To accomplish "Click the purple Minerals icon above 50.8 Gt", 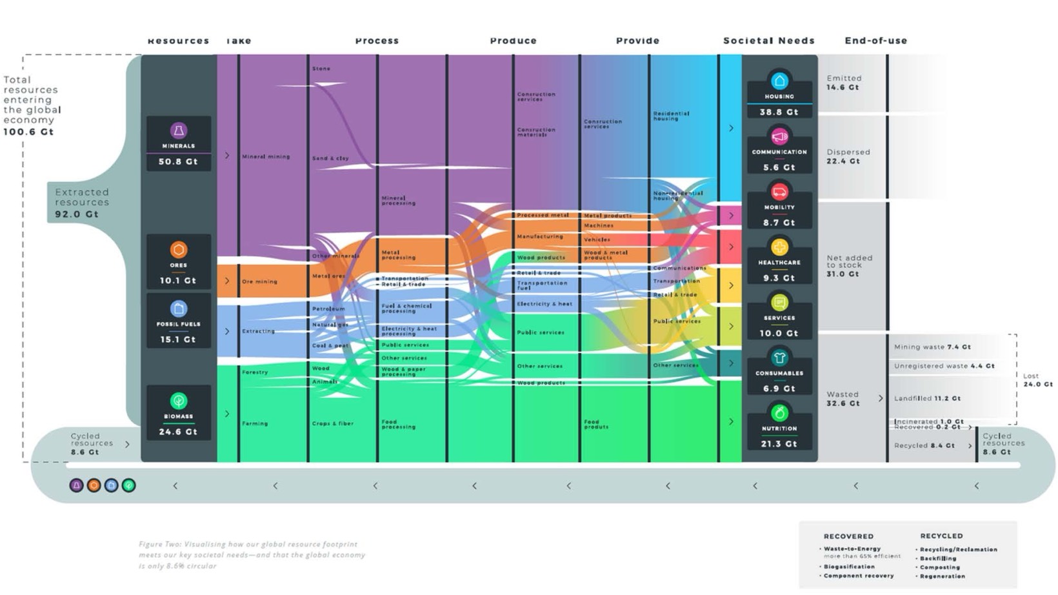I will (179, 130).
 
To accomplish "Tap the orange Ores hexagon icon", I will (179, 249).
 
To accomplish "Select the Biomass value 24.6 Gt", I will (178, 432).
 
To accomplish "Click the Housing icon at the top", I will (779, 81).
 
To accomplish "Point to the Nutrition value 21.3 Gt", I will (779, 444).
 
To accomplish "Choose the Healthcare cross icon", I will (779, 247).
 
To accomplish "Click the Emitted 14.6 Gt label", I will (844, 83).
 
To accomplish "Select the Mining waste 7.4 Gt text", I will (932, 347).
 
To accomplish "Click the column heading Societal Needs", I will (768, 41).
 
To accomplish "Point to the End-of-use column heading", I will (875, 41).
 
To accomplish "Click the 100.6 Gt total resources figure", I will (28, 132).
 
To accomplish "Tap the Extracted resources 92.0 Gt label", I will (81, 203).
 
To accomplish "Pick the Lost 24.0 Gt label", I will (1037, 380).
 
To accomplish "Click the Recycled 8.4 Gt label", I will (924, 445).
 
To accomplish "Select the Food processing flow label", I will (398, 424).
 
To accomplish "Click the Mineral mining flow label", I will (266, 157).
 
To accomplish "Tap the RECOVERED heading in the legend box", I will (848, 536).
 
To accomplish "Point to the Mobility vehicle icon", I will (779, 192).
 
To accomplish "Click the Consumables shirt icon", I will (779, 358).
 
